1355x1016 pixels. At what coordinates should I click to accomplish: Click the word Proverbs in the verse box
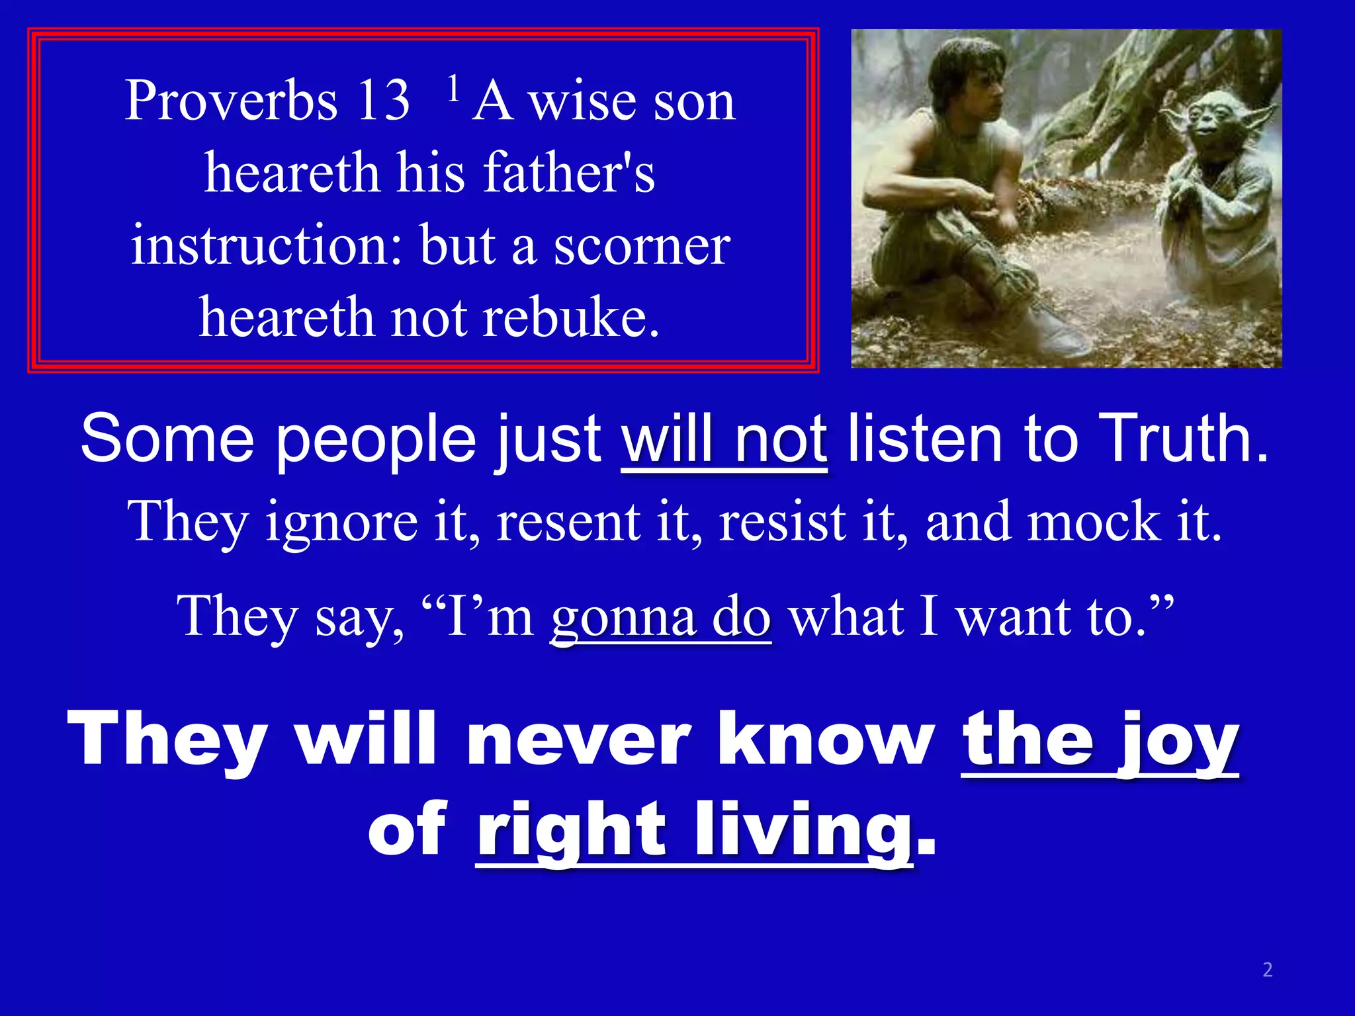click(231, 101)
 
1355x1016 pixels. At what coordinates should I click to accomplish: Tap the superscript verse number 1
click(453, 88)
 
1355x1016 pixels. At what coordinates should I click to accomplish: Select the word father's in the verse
click(569, 173)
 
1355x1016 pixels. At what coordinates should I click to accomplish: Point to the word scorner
click(642, 246)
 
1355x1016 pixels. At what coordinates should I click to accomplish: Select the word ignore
click(341, 523)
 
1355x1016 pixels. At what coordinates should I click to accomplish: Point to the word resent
click(568, 523)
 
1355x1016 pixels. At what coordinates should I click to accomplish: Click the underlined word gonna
click(623, 618)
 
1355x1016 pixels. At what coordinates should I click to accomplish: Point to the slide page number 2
click(1267, 970)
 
